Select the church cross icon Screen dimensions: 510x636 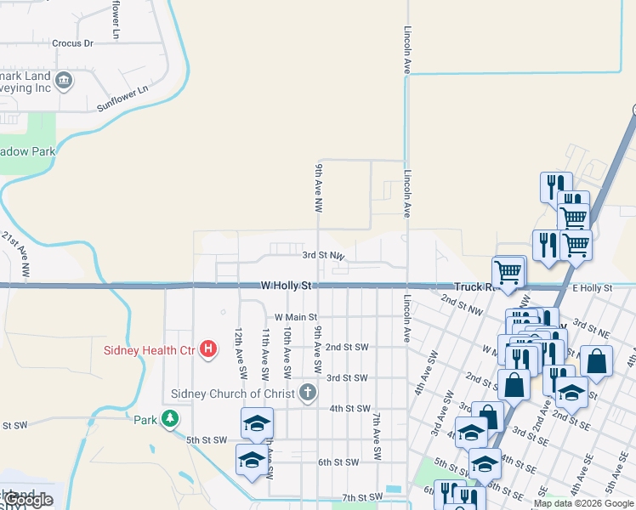(x=308, y=393)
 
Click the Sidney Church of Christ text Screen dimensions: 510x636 (x=232, y=394)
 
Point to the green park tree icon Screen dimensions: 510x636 (x=171, y=418)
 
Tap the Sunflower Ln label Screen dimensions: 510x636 (x=122, y=98)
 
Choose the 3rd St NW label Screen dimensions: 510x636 (x=323, y=255)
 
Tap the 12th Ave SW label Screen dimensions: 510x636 (x=240, y=353)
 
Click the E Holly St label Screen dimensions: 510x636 (x=592, y=289)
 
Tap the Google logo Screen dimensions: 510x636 (x=27, y=500)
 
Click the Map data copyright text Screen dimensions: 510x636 (x=582, y=503)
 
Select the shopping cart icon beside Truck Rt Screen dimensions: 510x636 (x=508, y=272)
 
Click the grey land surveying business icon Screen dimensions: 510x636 (x=65, y=81)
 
